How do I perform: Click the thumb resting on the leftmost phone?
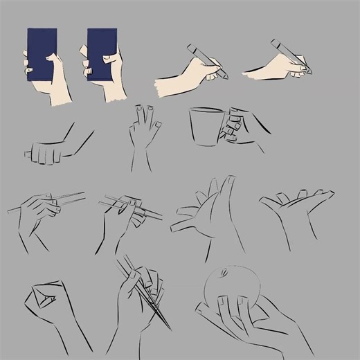click(x=51, y=62)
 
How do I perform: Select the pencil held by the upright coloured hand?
click(x=205, y=59)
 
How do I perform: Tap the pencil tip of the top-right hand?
click(x=309, y=72)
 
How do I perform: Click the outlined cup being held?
click(x=206, y=127)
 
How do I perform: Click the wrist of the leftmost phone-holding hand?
click(x=61, y=93)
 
